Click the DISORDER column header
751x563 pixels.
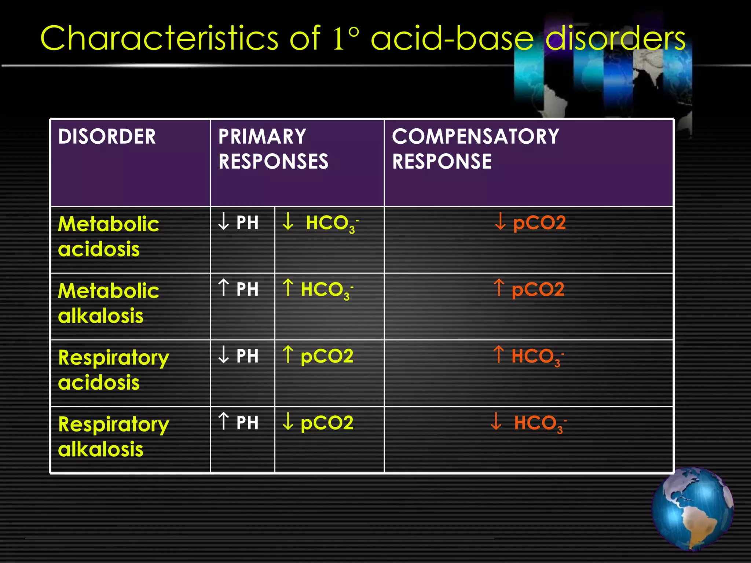(x=107, y=136)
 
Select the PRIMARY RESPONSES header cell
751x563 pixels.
(x=273, y=149)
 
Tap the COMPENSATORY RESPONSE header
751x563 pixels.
(x=475, y=149)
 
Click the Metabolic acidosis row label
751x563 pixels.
(x=108, y=236)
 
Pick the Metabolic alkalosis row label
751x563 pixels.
(x=108, y=303)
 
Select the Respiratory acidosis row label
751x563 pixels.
(x=113, y=370)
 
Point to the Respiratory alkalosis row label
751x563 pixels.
(x=113, y=437)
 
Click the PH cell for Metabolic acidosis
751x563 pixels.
(x=238, y=222)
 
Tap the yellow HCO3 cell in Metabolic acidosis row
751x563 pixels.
(x=320, y=223)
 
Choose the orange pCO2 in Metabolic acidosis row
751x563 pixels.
(x=530, y=222)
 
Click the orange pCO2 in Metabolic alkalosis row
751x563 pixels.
(x=529, y=289)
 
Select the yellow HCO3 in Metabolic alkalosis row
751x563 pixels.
(x=318, y=290)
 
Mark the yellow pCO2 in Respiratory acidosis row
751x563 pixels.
(x=318, y=356)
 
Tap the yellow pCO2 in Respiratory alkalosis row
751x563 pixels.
(x=318, y=423)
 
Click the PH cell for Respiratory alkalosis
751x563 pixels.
(x=238, y=423)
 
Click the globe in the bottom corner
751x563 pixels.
(x=692, y=509)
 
